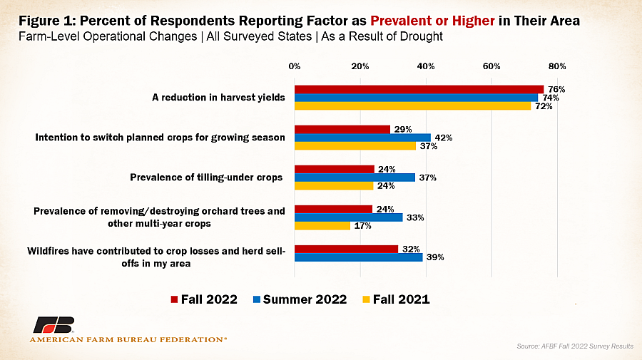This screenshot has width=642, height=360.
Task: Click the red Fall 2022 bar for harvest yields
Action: click(x=419, y=89)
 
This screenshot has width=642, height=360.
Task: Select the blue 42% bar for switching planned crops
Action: click(x=362, y=138)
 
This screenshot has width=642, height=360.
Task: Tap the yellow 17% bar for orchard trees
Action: click(x=322, y=225)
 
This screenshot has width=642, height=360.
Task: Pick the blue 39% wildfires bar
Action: click(x=358, y=257)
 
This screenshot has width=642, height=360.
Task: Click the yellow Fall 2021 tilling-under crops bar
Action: click(x=334, y=186)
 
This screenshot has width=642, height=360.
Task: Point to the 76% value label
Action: click(x=556, y=89)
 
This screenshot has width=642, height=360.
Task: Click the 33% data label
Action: click(x=415, y=217)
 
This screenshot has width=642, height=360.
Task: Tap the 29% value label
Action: click(x=403, y=129)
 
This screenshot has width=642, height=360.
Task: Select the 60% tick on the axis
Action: click(x=491, y=66)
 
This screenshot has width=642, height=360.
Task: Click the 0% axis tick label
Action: click(x=295, y=66)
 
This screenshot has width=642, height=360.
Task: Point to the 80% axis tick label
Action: click(x=557, y=66)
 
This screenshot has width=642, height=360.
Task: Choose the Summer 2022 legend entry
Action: click(x=300, y=299)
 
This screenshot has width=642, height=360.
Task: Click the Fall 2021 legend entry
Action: click(x=396, y=299)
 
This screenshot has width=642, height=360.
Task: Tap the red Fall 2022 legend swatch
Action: click(x=174, y=300)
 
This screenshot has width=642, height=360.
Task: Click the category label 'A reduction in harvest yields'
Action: click(x=218, y=98)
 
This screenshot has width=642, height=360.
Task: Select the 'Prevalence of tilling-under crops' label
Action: click(x=206, y=178)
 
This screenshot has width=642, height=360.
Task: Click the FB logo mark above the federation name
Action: click(x=53, y=325)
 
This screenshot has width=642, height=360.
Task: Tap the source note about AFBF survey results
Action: click(x=575, y=346)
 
